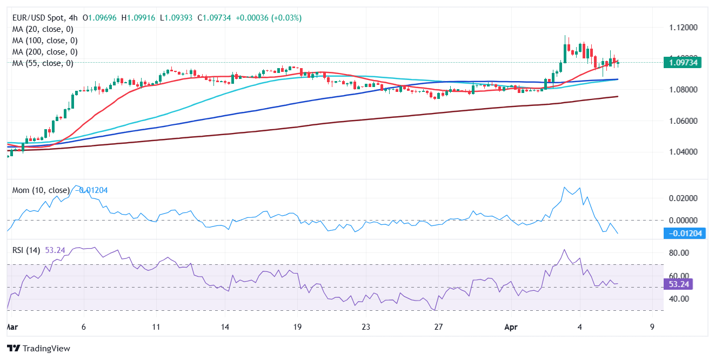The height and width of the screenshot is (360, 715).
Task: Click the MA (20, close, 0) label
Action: (43, 29)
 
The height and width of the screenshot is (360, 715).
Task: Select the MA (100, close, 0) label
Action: (45, 41)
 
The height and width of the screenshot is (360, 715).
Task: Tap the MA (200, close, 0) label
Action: (45, 52)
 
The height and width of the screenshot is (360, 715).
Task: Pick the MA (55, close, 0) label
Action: (43, 63)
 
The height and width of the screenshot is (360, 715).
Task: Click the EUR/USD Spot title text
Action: (43, 18)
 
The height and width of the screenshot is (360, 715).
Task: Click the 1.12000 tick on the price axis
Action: (683, 27)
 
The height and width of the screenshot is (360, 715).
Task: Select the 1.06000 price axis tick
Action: (683, 121)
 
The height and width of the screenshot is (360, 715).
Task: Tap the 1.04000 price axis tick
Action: (683, 152)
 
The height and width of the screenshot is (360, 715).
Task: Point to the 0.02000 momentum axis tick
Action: (683, 198)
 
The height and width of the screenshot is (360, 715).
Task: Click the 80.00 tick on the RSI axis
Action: (679, 253)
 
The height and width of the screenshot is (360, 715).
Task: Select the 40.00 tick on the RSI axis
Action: (679, 298)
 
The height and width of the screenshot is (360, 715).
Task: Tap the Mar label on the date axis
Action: (11, 327)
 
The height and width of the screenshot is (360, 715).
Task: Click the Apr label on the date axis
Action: (510, 327)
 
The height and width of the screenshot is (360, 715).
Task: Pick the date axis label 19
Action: (297, 327)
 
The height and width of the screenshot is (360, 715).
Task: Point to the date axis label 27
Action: (438, 327)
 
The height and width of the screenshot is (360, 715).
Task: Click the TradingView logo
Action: (38, 349)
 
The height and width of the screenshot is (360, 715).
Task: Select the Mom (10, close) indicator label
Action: (41, 190)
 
